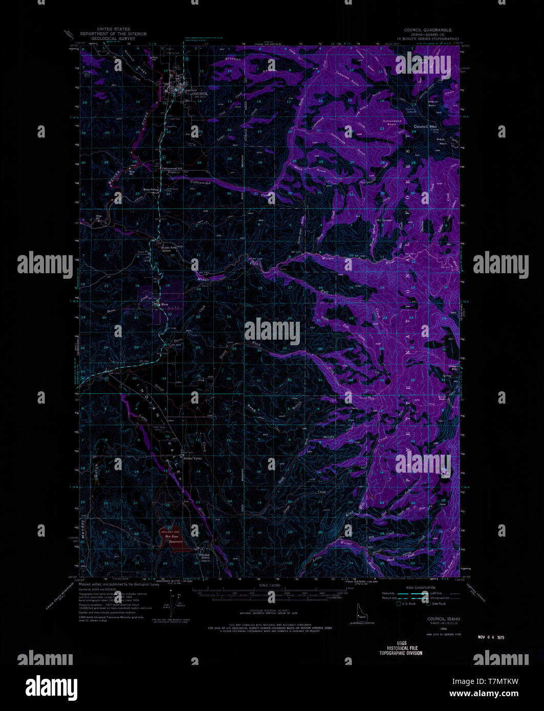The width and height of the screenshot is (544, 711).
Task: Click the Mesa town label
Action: pos(164,304)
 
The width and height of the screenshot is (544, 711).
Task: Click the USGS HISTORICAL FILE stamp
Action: pos(400,648)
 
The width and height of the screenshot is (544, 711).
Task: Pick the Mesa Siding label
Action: pos(151,189)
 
